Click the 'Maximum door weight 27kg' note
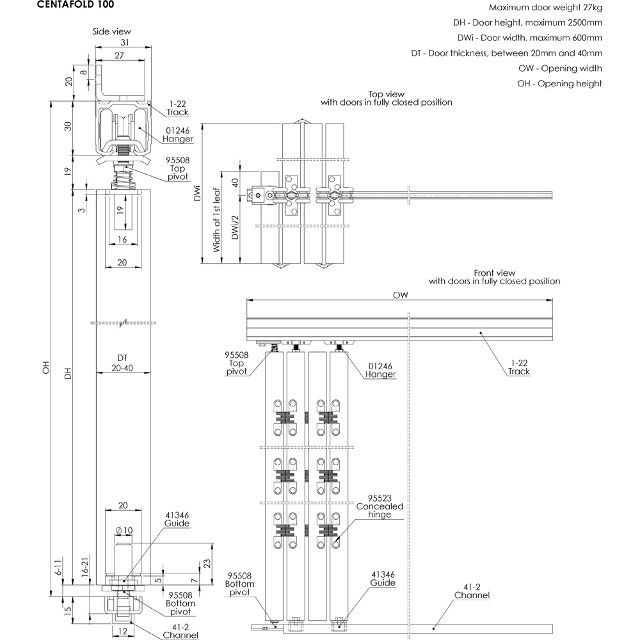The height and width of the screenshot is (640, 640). pyautogui.click(x=545, y=8)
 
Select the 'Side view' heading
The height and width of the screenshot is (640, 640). pyautogui.click(x=111, y=31)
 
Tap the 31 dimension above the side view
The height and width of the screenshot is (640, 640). pyautogui.click(x=125, y=42)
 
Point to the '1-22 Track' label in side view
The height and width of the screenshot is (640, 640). pyautogui.click(x=178, y=108)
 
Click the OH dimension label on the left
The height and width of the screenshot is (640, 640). pyautogui.click(x=45, y=371)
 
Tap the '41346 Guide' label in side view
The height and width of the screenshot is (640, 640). pyautogui.click(x=177, y=519)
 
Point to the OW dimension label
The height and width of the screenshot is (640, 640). pyautogui.click(x=401, y=295)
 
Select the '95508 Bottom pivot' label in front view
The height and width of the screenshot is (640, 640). pyautogui.click(x=240, y=583)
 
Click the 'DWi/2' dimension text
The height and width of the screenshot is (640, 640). pyautogui.click(x=235, y=227)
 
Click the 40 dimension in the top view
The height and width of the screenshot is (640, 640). pyautogui.click(x=234, y=182)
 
